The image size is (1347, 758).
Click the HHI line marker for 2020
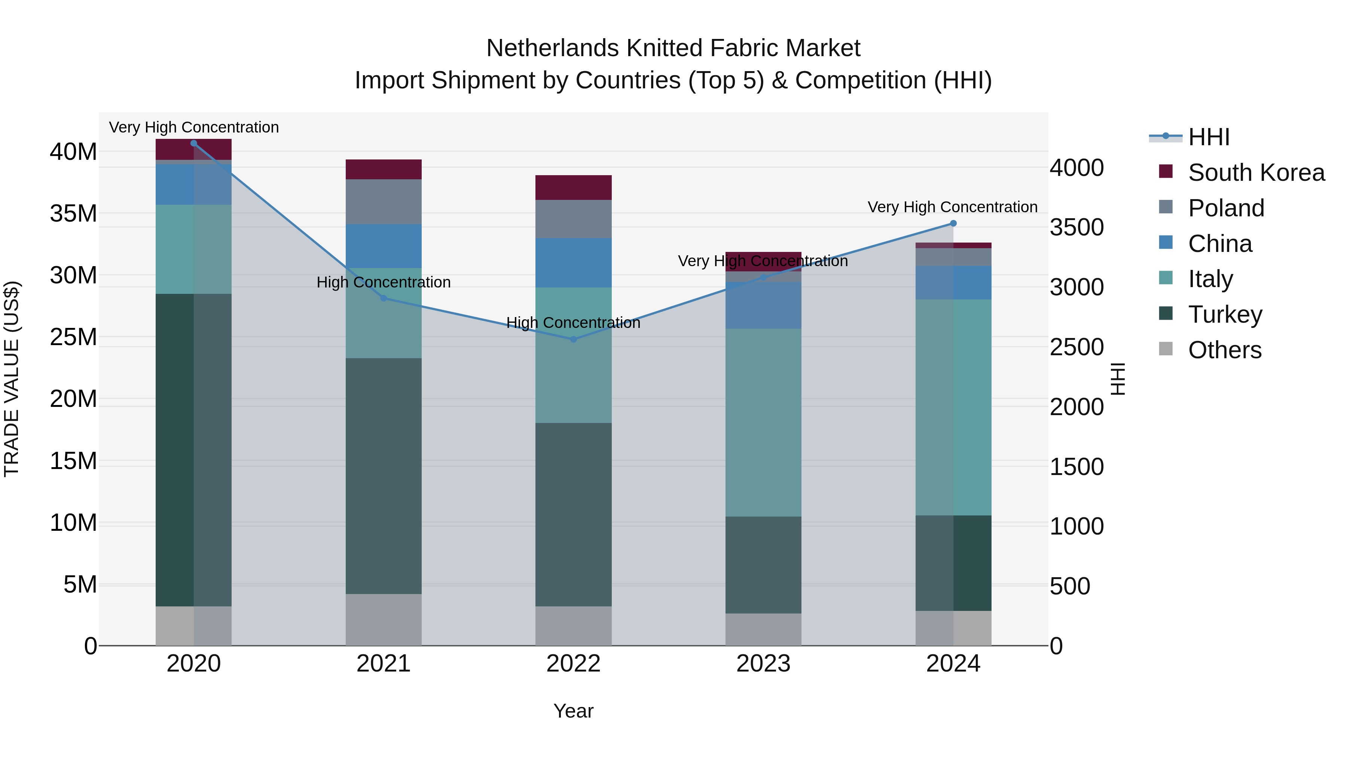tap(193, 143)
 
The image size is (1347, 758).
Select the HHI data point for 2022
tap(573, 339)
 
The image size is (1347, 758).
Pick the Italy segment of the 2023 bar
tap(763, 423)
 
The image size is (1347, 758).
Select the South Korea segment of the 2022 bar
tap(573, 187)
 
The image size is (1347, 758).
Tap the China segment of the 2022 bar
tap(573, 263)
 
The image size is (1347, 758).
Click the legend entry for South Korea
tap(1255, 173)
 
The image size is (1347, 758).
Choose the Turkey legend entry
tap(1225, 314)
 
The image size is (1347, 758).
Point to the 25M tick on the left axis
tap(73, 337)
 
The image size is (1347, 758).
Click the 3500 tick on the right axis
tap(1076, 228)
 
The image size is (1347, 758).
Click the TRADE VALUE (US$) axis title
tap(12, 379)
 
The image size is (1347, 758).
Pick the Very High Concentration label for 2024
tap(952, 207)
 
